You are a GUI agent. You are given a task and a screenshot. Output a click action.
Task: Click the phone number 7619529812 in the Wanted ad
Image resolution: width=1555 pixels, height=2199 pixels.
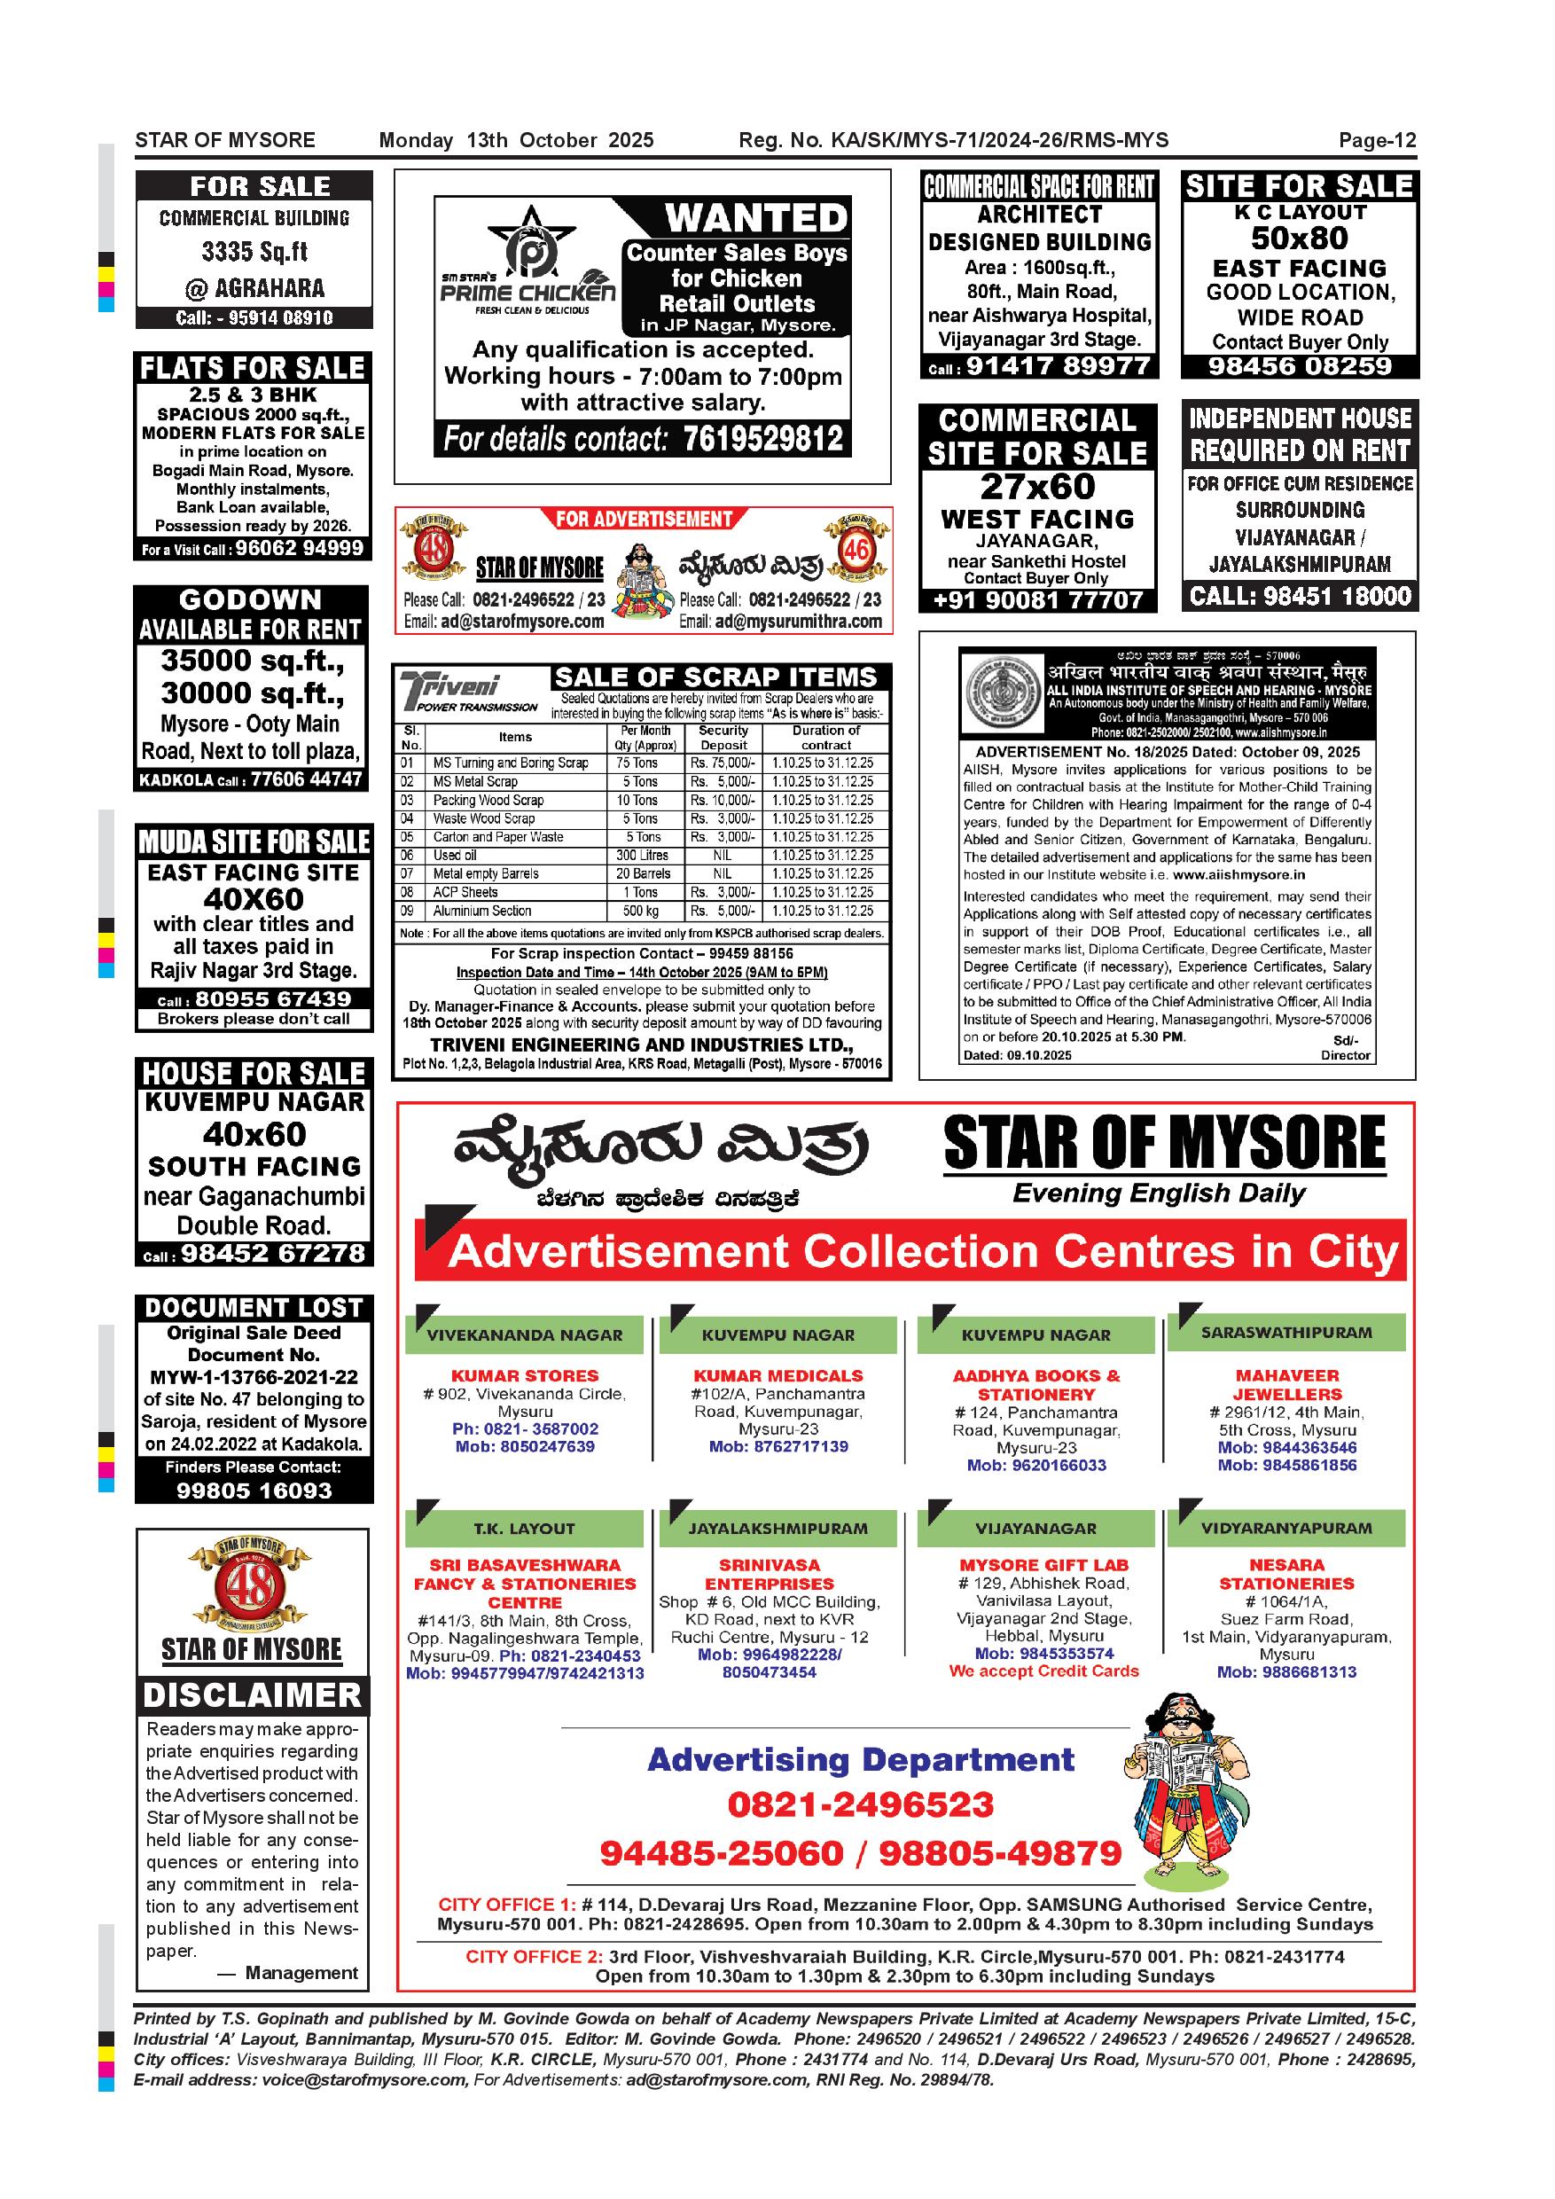click(x=763, y=440)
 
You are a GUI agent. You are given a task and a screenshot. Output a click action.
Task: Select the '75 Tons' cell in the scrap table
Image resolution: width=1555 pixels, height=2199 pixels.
click(x=637, y=763)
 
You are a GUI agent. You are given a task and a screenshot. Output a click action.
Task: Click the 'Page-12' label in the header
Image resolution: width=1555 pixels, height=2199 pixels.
click(x=1377, y=141)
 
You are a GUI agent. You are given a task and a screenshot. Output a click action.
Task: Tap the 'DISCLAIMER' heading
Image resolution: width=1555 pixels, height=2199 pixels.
click(x=253, y=1695)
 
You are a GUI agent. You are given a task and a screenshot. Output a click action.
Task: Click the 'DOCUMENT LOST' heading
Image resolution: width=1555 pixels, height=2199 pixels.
click(x=254, y=1308)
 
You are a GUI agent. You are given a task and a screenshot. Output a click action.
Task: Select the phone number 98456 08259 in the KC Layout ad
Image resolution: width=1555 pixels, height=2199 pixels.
click(x=1300, y=367)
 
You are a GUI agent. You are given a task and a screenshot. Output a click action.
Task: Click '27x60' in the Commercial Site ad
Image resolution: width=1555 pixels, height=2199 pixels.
click(x=1038, y=487)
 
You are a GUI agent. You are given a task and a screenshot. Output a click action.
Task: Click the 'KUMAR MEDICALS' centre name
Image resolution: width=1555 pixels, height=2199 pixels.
click(x=777, y=1375)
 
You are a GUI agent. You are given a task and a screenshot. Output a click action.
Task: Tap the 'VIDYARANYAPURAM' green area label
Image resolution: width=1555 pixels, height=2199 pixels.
click(x=1286, y=1529)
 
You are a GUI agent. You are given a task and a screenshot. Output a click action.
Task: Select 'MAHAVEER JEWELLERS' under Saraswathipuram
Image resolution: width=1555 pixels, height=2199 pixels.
click(x=1287, y=1385)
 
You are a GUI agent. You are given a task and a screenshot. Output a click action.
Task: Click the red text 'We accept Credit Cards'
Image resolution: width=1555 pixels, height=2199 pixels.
click(x=1043, y=1671)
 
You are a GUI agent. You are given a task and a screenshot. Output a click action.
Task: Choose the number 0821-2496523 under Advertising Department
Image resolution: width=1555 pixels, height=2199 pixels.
click(x=861, y=1805)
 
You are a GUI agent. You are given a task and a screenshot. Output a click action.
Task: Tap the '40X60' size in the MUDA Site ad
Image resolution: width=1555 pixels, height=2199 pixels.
click(x=253, y=899)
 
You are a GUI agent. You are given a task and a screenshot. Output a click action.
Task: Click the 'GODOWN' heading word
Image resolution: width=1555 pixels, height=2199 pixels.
click(x=251, y=600)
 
